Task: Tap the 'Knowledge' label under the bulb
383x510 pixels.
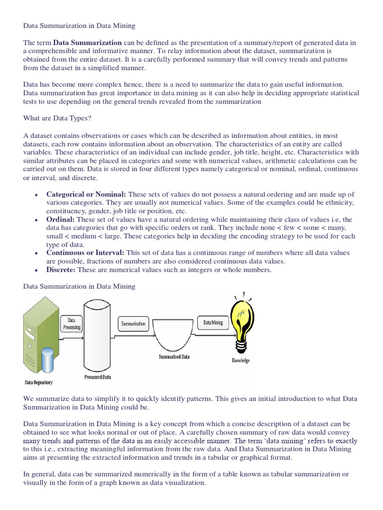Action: pyautogui.click(x=240, y=360)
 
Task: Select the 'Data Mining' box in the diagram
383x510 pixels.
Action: pyautogui.click(x=213, y=323)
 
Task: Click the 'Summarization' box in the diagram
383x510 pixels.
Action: pyautogui.click(x=134, y=324)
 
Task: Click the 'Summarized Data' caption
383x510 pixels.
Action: pyautogui.click(x=174, y=357)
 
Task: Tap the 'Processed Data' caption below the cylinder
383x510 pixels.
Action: pyautogui.click(x=98, y=377)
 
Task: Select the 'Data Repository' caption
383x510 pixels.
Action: pyautogui.click(x=38, y=382)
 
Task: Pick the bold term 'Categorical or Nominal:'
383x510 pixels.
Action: pyautogui.click(x=86, y=194)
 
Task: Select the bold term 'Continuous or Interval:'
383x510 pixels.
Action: pyautogui.click(x=85, y=253)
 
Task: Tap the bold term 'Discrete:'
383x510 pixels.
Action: pyautogui.click(x=61, y=270)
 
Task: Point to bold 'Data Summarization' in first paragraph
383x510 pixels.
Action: pyautogui.click(x=87, y=42)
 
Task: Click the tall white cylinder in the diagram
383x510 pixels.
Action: pyautogui.click(x=97, y=334)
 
